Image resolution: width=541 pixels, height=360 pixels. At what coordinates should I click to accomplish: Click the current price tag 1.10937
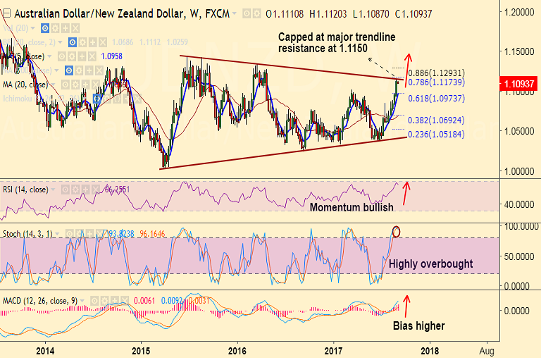click(518, 84)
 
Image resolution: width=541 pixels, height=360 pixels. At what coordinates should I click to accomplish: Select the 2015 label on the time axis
click(141, 350)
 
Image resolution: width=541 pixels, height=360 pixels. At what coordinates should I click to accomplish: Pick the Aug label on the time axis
click(485, 350)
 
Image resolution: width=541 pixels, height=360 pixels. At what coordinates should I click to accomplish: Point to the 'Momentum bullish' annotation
click(352, 207)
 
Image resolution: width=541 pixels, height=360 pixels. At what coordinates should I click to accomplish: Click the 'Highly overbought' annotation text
click(430, 263)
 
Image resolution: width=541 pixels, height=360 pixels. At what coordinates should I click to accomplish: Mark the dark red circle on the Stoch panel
click(396, 231)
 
